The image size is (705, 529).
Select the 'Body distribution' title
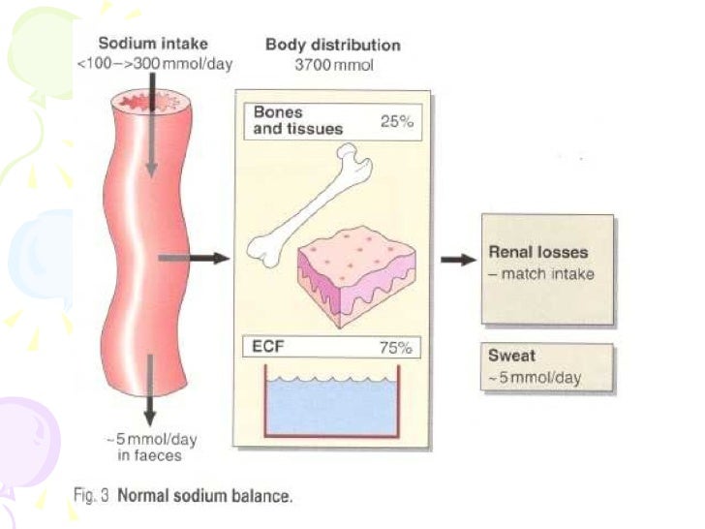[332, 46]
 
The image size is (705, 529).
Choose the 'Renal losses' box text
[538, 254]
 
